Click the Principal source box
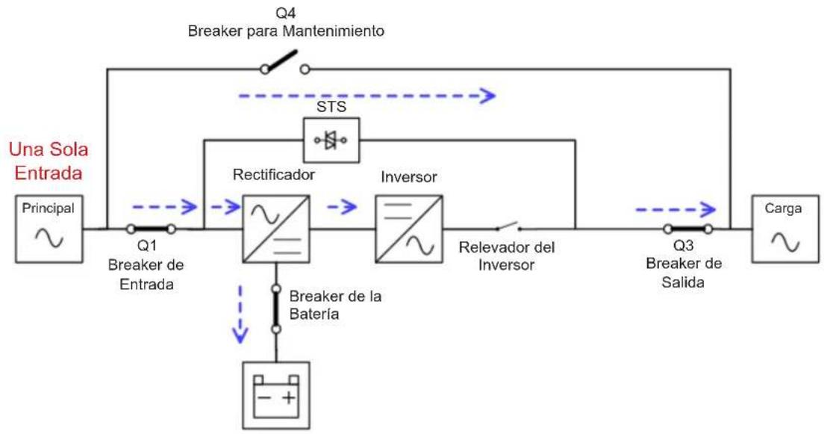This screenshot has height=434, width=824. coord(49,229)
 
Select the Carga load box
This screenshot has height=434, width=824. coord(785,229)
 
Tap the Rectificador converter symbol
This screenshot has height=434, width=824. coord(276,229)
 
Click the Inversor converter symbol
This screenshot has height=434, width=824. coord(409,229)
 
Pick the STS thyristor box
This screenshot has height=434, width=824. coord(331,140)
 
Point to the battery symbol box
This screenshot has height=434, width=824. coord(276,396)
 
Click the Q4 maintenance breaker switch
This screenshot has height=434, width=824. coord(284,63)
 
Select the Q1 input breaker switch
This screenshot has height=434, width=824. coord(151,229)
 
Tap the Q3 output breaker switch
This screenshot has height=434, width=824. coord(688,229)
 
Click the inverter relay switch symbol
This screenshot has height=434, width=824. coord(508,227)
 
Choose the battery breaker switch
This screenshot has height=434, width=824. coord(276,309)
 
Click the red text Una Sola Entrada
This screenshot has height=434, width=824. coord(49,161)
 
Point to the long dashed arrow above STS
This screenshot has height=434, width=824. coord(366,96)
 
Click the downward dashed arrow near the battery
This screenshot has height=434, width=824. coord(240,314)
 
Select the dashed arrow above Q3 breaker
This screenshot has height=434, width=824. coord(675,210)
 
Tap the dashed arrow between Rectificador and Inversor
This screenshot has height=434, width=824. coord(342,207)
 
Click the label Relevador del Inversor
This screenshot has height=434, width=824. coord(507,255)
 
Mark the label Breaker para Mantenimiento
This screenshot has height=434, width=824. coord(286,31)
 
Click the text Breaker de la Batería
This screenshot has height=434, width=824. coord(335,305)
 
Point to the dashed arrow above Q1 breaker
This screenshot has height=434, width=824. coord(164,207)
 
